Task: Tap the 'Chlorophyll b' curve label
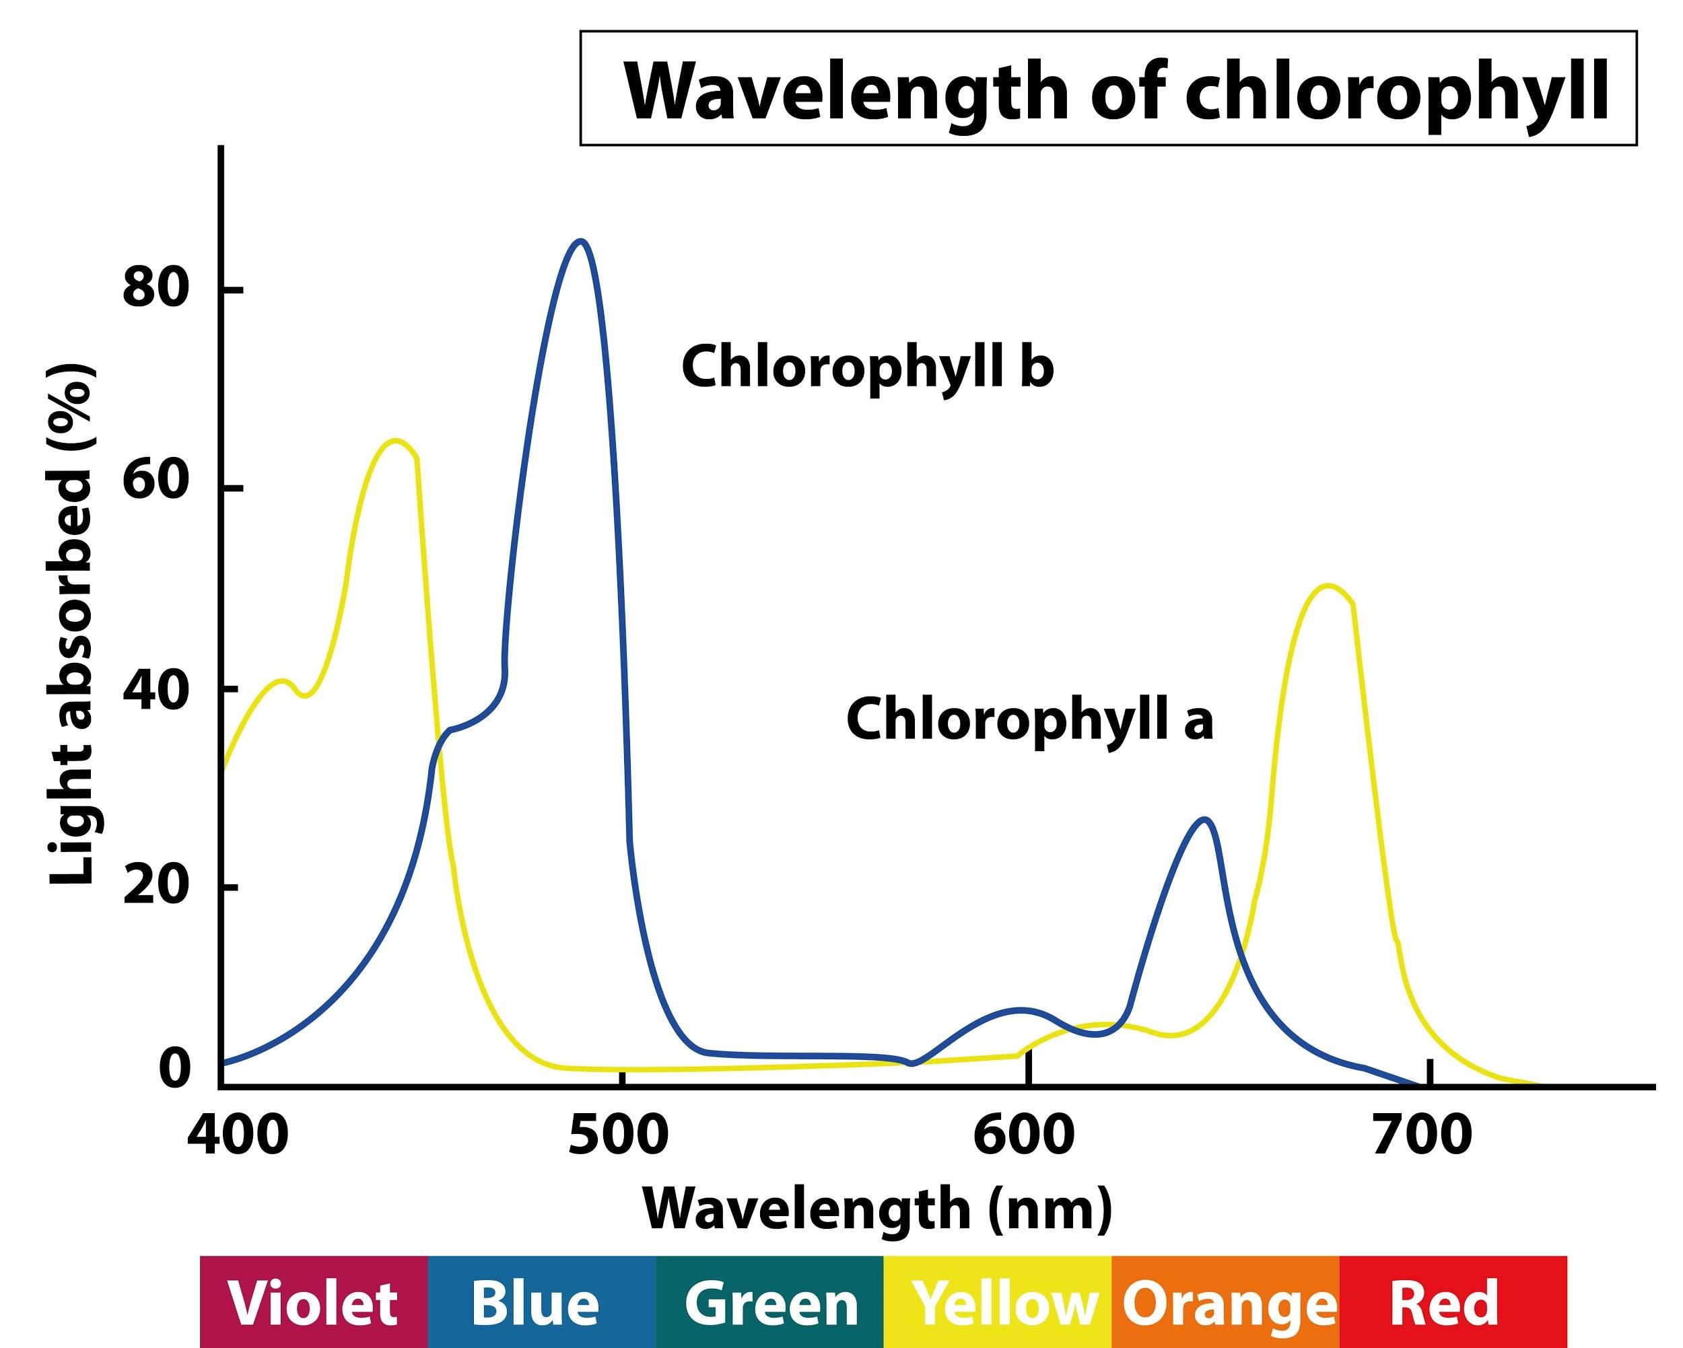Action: tap(867, 367)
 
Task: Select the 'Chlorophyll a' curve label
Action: tap(1029, 719)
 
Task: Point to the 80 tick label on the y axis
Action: tap(157, 289)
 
